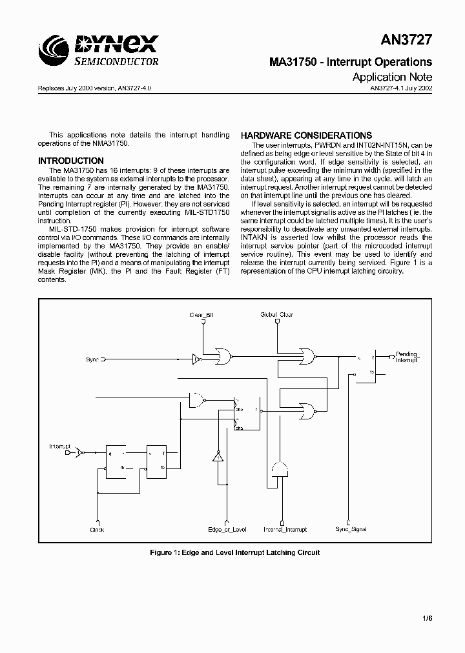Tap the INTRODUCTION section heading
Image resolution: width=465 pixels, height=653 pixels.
(x=71, y=161)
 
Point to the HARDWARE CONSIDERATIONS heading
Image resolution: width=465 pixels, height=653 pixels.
(x=306, y=136)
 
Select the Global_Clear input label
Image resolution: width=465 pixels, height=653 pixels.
(x=276, y=315)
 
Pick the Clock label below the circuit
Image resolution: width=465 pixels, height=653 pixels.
(x=97, y=530)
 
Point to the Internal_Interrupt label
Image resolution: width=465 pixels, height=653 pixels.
(x=285, y=530)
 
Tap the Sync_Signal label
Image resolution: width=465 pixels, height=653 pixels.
(x=351, y=530)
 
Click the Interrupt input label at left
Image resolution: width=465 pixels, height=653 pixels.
(x=60, y=446)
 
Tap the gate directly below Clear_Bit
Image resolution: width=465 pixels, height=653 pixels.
(x=226, y=354)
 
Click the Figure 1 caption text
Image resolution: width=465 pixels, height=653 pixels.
(x=234, y=552)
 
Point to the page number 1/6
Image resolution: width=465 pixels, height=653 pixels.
(x=427, y=618)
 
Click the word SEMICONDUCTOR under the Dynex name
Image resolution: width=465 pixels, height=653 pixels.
(x=117, y=62)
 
